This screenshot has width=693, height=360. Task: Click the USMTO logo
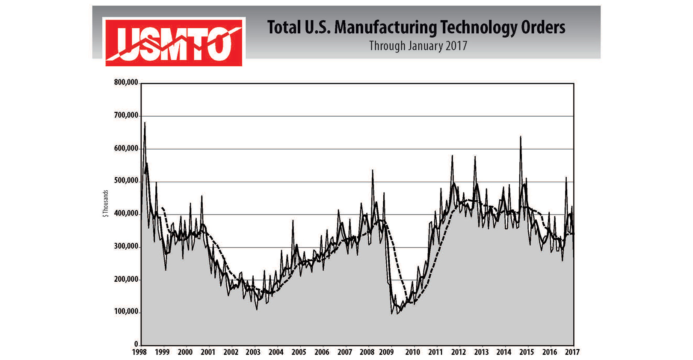174,42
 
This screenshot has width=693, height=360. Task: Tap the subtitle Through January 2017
418,46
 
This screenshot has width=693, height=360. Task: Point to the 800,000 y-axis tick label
126,83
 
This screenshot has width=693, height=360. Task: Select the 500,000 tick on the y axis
126,181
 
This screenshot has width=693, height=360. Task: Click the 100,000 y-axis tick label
126,312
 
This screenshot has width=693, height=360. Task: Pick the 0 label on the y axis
136,344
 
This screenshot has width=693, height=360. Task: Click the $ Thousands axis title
105,204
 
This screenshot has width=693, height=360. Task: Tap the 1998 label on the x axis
139,352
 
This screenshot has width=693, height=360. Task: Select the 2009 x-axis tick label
386,352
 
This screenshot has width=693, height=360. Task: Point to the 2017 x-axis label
572,352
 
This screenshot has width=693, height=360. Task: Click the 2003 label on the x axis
253,352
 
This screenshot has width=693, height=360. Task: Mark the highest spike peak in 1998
145,123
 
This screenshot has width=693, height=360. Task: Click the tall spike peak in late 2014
520,137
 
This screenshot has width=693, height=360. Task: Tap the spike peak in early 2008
372,170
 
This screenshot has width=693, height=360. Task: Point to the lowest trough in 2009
391,313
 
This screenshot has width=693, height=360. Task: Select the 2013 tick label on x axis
481,352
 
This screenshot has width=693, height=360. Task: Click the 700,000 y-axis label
126,115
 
